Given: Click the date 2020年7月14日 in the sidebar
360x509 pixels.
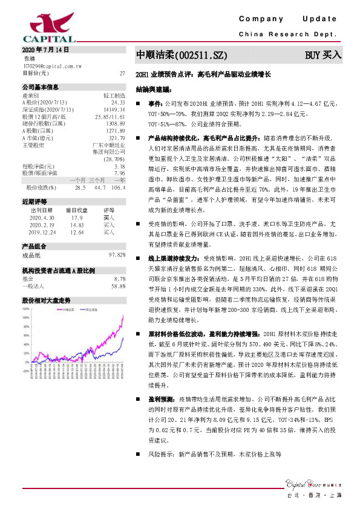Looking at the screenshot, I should (x=46, y=50).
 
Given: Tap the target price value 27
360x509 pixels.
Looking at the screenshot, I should (x=123, y=73).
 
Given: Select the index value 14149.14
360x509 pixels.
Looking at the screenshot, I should (x=114, y=109).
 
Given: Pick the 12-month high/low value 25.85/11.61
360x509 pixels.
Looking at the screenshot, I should (x=110, y=115).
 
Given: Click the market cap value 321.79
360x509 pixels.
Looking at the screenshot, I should (x=116, y=138).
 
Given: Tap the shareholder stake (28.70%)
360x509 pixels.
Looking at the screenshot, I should (x=115, y=159).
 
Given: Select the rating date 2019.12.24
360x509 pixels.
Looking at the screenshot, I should (x=42, y=232).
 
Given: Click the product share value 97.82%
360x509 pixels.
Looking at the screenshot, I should (x=117, y=255).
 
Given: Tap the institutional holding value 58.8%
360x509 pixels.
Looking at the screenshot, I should (x=119, y=286).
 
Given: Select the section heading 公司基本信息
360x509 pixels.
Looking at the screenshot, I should (x=40, y=88).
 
